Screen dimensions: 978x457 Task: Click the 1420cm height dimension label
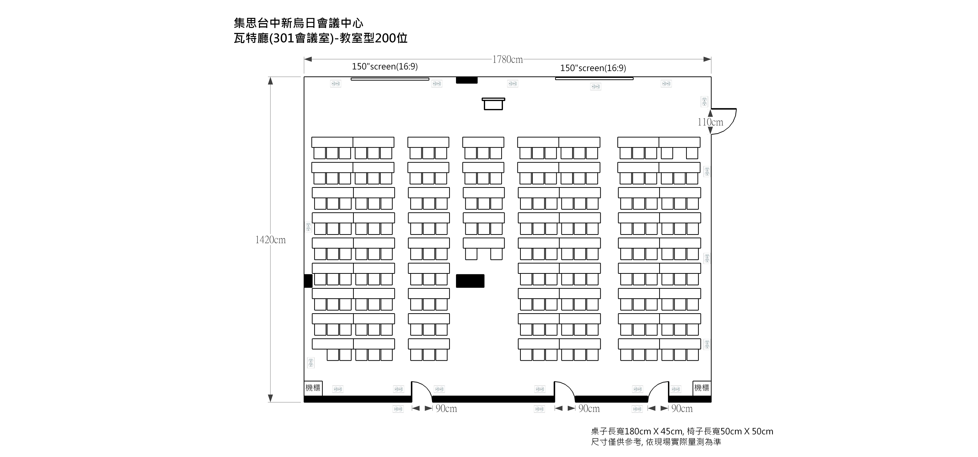click(270, 240)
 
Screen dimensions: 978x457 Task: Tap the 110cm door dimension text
click(710, 122)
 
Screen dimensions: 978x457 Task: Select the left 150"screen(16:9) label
click(385, 67)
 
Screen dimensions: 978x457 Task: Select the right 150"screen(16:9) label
click(593, 68)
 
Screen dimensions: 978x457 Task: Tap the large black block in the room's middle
click(470, 281)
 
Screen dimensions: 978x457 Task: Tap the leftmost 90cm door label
click(446, 409)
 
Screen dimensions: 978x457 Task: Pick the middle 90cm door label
click(589, 409)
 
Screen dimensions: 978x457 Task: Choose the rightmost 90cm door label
click(682, 409)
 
